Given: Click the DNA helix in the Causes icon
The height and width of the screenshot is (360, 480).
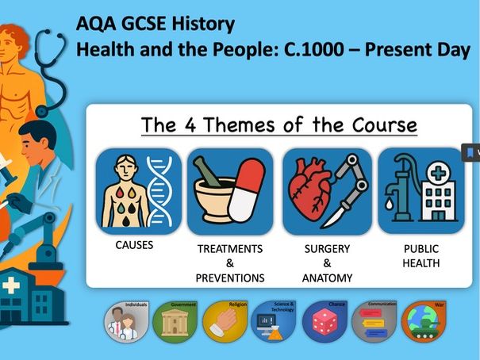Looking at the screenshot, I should [163, 190].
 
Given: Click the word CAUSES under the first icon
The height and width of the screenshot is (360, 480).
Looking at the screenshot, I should [134, 245].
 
